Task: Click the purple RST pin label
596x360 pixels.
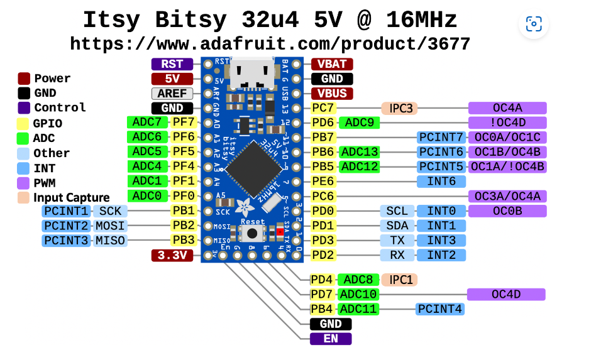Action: [172, 64]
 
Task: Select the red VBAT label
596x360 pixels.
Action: [331, 64]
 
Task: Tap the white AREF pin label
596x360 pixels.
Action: [172, 94]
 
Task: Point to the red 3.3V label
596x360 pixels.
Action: [172, 255]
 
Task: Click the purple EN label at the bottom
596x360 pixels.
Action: [331, 339]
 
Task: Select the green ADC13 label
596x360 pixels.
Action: [359, 152]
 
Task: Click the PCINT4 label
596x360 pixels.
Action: [440, 308]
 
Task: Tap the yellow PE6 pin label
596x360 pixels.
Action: [323, 182]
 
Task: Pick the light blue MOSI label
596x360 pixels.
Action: [110, 226]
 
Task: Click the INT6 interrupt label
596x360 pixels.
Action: [441, 182]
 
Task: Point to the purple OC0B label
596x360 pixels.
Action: [507, 211]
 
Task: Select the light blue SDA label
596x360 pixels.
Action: [397, 226]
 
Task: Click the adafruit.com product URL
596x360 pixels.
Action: [270, 43]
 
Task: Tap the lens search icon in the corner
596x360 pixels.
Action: [533, 25]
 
